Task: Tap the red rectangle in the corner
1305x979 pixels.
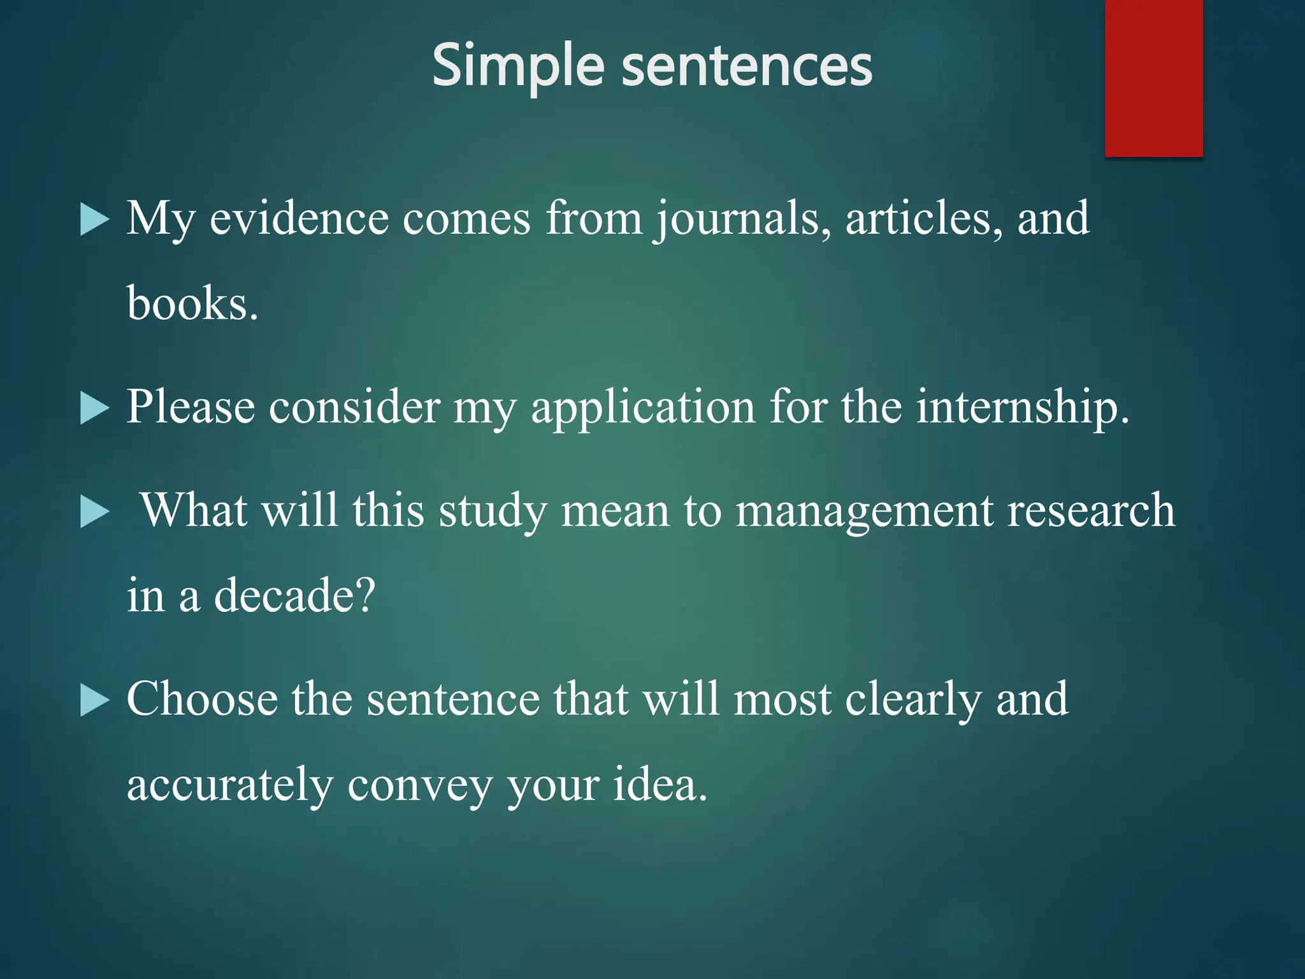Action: tap(1153, 78)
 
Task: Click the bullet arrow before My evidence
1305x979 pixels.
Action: tap(95, 221)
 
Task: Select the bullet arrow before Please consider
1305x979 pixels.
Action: tap(95, 409)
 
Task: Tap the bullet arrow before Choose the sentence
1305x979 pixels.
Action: tap(95, 701)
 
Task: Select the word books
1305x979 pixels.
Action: tap(192, 303)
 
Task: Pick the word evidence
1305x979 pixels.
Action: tap(299, 219)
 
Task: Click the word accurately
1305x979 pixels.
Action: tap(230, 785)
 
